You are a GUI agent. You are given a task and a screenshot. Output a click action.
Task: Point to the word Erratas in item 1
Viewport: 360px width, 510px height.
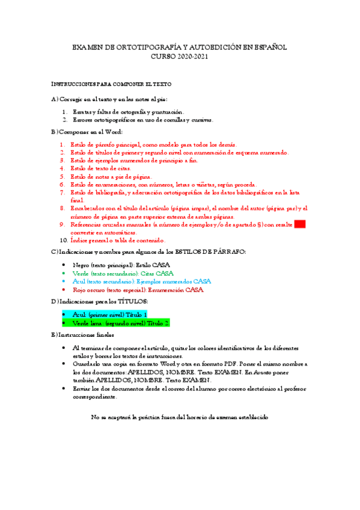[x=84, y=112]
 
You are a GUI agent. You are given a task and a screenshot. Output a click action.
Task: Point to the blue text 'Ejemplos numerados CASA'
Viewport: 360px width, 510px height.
[x=174, y=281]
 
